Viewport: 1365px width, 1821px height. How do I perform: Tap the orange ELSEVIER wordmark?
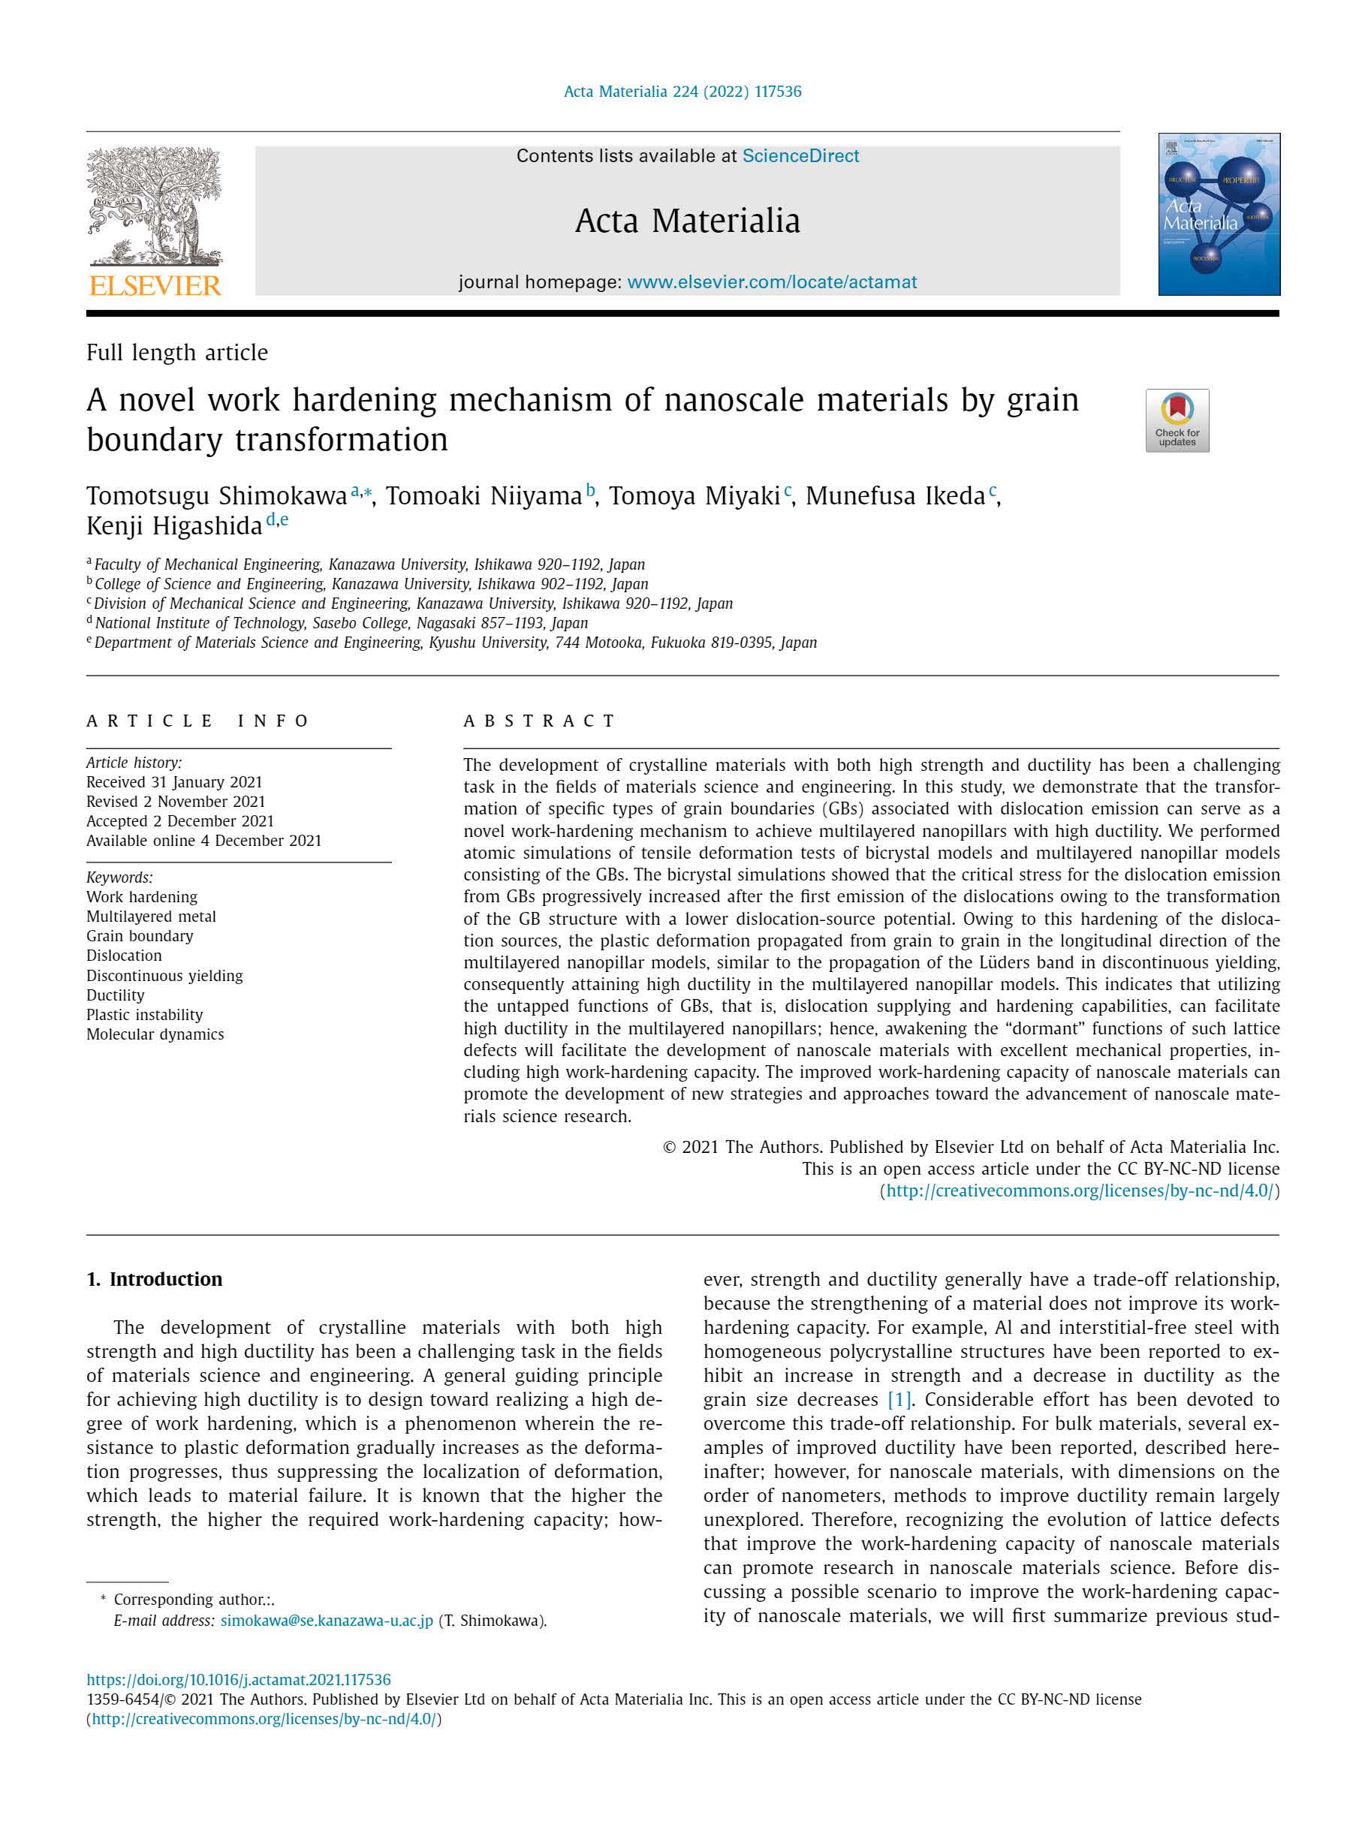155,286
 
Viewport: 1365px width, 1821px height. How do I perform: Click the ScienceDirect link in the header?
800,155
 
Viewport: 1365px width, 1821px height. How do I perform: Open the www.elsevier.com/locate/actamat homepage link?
771,282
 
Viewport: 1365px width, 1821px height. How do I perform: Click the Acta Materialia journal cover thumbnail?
1219,214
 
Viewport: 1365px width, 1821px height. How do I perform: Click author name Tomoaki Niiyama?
484,495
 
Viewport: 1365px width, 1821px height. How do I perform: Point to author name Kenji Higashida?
173,525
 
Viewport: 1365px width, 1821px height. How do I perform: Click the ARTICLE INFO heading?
197,721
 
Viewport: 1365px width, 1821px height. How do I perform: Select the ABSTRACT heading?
539,721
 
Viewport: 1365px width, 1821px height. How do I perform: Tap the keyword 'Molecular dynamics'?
155,1034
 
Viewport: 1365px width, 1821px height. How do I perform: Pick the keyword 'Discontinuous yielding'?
164,976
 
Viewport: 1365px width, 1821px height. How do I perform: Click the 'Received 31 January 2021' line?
174,782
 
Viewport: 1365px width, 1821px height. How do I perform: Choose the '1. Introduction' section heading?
155,1278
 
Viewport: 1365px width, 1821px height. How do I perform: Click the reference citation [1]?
898,1399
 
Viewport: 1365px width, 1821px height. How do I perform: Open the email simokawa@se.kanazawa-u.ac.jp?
326,1620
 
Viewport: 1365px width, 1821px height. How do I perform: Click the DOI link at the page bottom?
239,1679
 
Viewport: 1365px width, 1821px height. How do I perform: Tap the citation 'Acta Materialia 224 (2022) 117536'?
682,92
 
